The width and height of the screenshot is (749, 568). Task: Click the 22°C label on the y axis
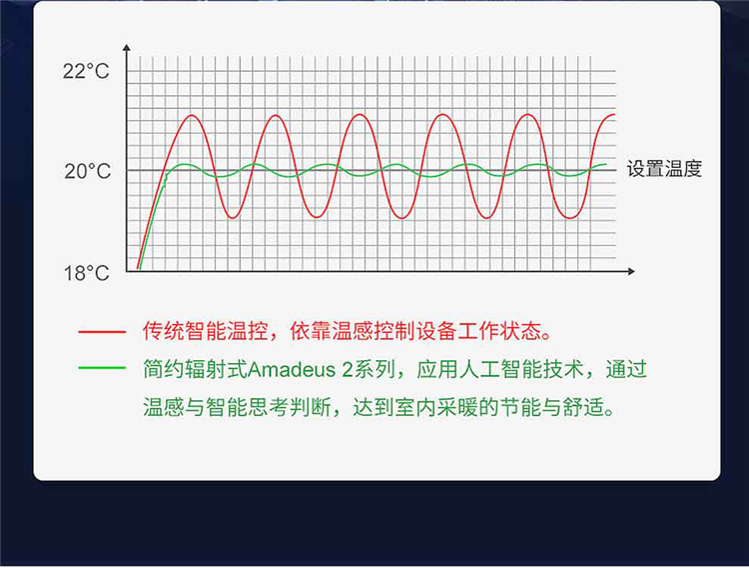pos(86,71)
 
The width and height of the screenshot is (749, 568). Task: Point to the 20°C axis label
pos(88,171)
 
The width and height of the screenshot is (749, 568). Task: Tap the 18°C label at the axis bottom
pos(87,273)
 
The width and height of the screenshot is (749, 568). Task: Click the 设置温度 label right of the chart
pos(664,169)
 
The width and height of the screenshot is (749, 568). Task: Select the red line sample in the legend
pos(102,331)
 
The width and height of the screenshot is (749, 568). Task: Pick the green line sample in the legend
pos(102,368)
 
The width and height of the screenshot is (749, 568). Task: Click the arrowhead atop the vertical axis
pos(127,47)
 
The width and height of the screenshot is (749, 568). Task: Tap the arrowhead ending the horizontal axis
pos(631,271)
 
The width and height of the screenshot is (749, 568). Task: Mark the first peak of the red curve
pos(192,115)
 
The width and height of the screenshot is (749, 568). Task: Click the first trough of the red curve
pos(233,218)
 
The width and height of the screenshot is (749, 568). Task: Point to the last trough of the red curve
pos(570,218)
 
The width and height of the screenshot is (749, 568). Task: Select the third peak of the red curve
pos(360,115)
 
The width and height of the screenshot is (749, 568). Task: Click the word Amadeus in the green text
pos(292,370)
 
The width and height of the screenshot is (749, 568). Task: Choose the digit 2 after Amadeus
pos(347,370)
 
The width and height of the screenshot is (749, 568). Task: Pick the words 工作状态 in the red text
pos(498,331)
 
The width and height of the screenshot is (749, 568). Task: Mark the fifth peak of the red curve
pos(528,115)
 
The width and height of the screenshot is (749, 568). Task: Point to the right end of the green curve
pos(606,165)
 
